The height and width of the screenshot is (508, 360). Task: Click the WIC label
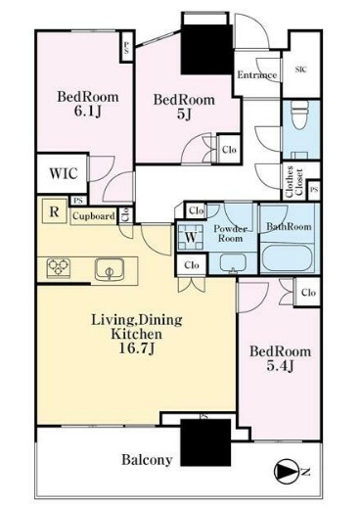tap(64, 173)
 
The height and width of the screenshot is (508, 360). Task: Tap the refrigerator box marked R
tap(55, 211)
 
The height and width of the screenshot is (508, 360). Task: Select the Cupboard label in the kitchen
tap(94, 216)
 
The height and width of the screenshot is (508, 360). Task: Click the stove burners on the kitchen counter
tap(59, 268)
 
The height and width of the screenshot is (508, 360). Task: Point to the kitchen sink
tap(110, 269)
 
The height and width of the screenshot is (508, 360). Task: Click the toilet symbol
tap(299, 115)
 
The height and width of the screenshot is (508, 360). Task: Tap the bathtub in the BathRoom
tap(287, 257)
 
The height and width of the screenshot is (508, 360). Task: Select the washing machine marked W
tap(191, 237)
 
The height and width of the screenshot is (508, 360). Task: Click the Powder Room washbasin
tap(233, 262)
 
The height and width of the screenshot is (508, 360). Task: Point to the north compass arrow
tap(287, 472)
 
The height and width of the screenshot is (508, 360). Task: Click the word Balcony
tap(147, 460)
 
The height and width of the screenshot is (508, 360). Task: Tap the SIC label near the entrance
tap(301, 69)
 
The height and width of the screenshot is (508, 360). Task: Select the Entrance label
tap(257, 75)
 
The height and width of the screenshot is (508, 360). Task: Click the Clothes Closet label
tap(294, 182)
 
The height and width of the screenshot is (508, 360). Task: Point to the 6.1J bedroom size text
tap(88, 112)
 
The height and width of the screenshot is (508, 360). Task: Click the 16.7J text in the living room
tap(137, 348)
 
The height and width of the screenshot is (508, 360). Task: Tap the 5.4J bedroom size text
tap(281, 366)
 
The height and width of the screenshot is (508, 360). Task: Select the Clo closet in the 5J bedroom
tap(229, 150)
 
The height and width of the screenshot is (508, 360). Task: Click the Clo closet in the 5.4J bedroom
tap(308, 292)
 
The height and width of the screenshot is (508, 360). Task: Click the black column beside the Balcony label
tap(205, 442)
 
